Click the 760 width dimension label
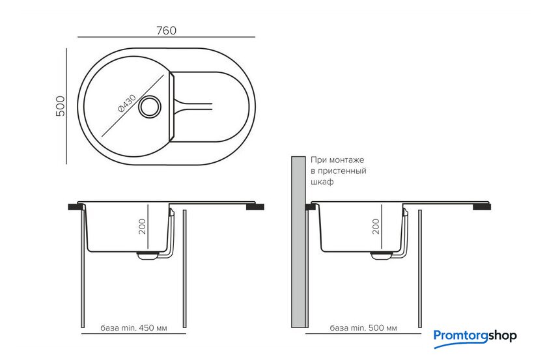point(167,31)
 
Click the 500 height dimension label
point(61,105)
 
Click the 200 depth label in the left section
point(141,226)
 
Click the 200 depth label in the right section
point(376,226)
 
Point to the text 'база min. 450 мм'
point(134,328)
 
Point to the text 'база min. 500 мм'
point(363,328)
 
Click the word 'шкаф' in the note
point(322,183)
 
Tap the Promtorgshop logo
point(475,336)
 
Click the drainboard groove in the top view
point(195,104)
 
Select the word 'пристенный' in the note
point(343,171)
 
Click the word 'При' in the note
point(318,159)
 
